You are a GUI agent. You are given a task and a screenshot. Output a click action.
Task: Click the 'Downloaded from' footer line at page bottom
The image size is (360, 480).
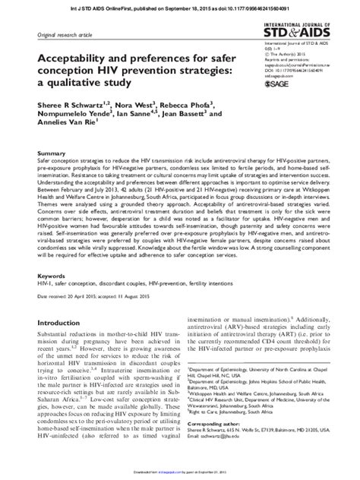(179, 475)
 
